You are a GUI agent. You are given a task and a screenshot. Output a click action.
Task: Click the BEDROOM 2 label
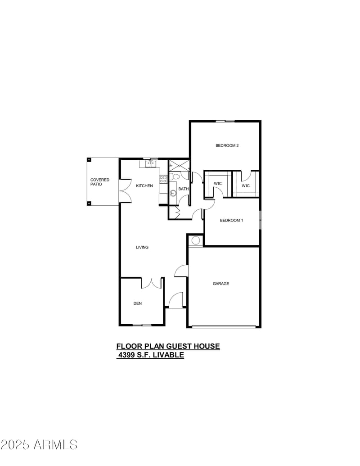226,145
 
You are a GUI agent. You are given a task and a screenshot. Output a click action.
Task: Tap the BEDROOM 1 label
231,220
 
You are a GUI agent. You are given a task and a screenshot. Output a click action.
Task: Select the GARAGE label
221,284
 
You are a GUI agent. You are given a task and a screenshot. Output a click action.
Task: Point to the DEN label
138,303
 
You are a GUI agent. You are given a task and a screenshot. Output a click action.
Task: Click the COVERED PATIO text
100,182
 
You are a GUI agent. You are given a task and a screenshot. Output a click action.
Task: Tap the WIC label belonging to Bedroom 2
246,185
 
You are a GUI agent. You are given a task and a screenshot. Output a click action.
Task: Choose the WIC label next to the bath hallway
218,183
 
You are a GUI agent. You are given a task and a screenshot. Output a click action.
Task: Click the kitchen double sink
151,164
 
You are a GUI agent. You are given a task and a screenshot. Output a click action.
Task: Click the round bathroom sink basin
173,194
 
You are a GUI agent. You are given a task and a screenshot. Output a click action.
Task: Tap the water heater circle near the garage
196,240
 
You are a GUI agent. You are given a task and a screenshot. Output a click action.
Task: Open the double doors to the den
152,283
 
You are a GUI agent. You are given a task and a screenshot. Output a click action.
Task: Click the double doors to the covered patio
125,192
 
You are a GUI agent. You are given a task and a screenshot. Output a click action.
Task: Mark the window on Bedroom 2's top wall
225,121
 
